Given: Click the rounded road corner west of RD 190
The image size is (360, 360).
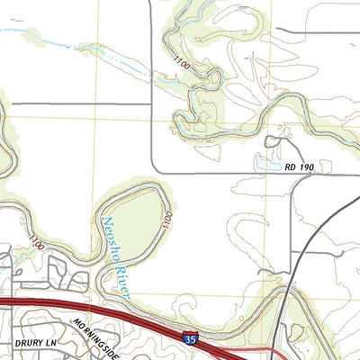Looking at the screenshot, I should [155, 166].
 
